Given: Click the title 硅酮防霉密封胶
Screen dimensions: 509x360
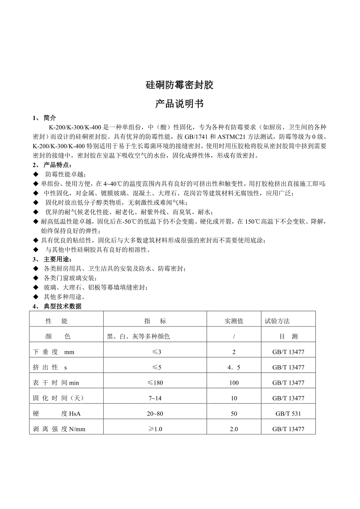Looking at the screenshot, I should [180, 85].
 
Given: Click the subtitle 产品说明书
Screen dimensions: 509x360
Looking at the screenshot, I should [180, 104].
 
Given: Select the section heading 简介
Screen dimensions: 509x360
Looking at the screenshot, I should [50, 118].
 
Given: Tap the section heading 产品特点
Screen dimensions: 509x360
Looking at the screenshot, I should [57, 165].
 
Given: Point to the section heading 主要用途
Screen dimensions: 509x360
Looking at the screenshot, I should [57, 260].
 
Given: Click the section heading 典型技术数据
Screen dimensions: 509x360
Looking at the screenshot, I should [63, 306].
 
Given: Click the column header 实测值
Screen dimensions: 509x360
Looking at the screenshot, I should [234, 321].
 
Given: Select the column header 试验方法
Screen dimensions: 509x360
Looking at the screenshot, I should [277, 321].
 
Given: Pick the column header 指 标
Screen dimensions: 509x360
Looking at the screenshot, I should [155, 321].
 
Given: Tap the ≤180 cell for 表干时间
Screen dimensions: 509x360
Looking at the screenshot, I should [155, 383].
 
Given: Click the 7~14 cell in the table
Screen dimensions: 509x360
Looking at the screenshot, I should [155, 398].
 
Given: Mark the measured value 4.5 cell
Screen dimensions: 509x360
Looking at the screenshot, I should [234, 367].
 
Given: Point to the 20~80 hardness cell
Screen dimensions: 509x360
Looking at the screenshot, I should [155, 414].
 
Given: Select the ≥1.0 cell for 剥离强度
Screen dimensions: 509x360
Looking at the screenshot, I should [155, 429].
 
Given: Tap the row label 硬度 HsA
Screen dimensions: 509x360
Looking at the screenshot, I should [57, 414].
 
